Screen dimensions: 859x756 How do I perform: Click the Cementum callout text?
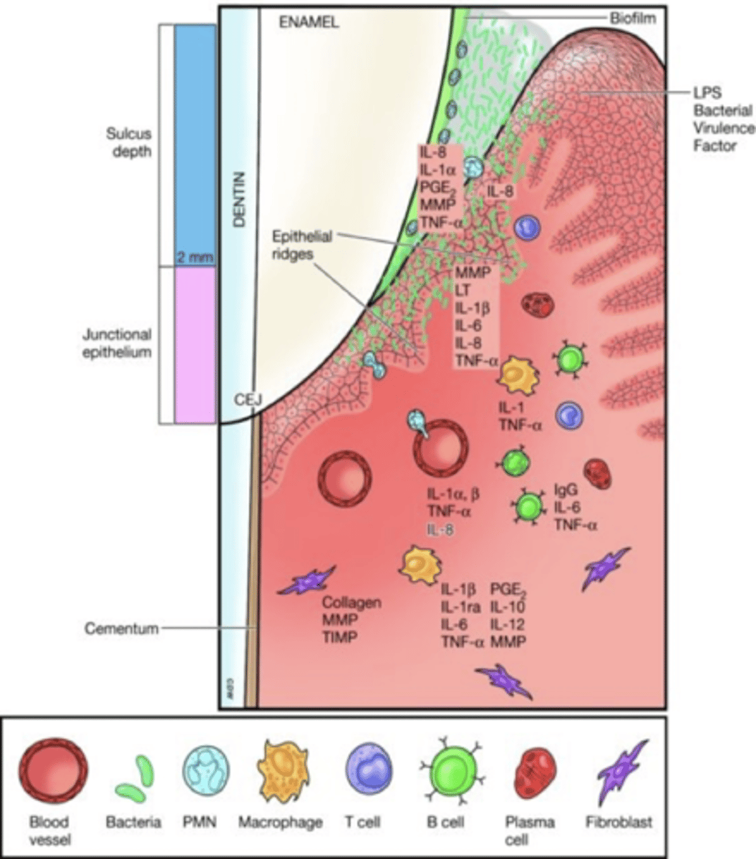(121, 629)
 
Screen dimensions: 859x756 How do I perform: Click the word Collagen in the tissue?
(352, 602)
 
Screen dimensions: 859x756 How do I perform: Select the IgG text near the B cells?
(567, 491)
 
